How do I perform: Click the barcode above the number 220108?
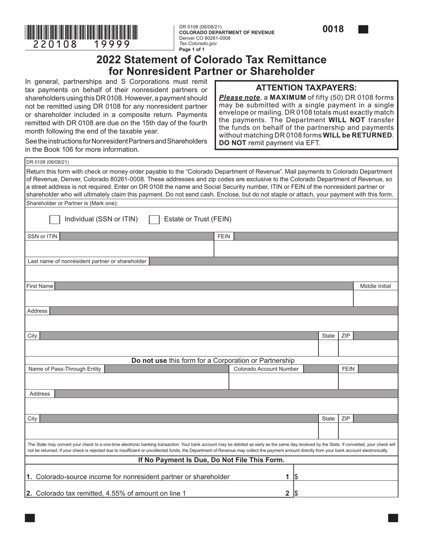coord(81,32)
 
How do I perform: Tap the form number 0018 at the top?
coord(333,29)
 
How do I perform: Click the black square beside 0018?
coord(363,30)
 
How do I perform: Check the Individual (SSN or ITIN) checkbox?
coord(55,219)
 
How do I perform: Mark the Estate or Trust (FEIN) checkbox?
coord(154,219)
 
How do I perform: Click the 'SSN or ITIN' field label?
coord(42,237)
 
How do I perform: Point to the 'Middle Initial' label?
coord(375,286)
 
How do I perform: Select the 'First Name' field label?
coord(40,286)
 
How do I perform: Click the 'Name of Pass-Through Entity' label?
coord(65,369)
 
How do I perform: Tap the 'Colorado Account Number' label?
coord(266,369)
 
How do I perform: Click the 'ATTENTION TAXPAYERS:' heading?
coord(306,88)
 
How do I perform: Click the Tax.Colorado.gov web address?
coord(198,44)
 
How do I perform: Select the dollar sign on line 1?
coord(296,477)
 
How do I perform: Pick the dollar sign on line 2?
coord(296,493)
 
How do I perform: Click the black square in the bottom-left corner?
coord(30,518)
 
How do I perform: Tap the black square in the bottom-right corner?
coord(393,518)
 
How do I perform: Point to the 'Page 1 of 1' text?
coord(191,49)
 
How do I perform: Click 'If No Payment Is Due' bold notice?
coord(211,460)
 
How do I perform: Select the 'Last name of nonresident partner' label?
coord(87,261)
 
